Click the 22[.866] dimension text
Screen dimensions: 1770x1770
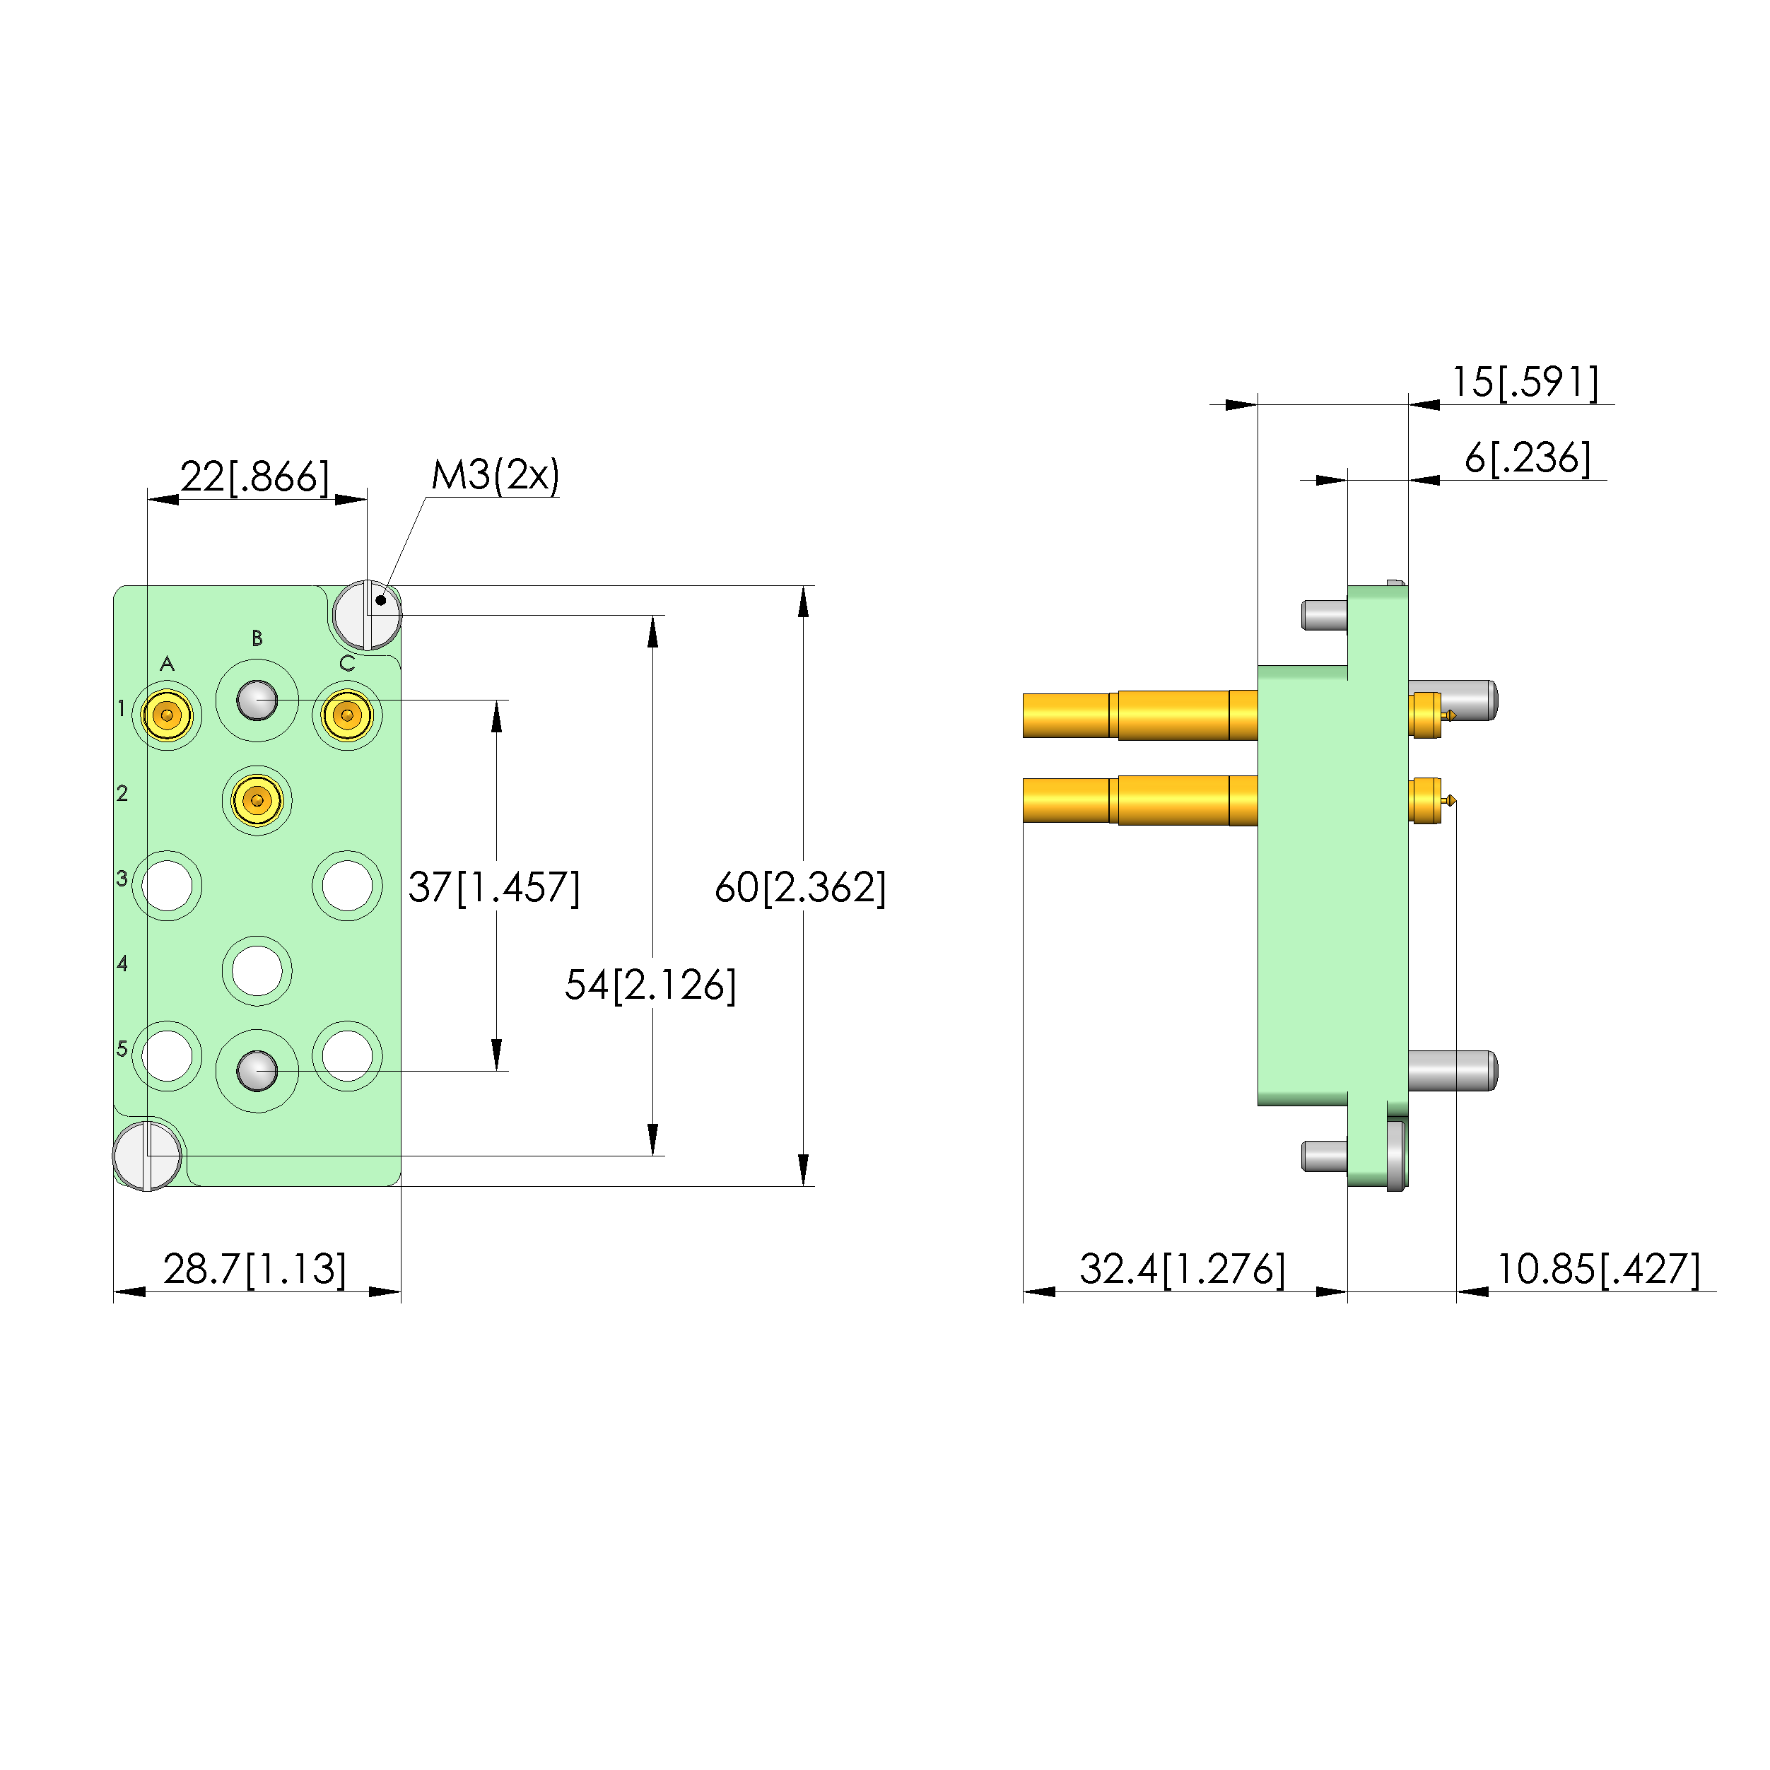pos(254,477)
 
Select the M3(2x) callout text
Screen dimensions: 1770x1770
pos(495,474)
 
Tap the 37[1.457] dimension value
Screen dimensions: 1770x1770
pos(494,887)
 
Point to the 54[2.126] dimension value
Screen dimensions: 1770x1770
pos(650,985)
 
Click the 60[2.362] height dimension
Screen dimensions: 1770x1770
pos(799,887)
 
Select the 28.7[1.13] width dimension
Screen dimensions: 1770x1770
pos(254,1269)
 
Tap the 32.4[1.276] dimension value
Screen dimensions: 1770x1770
pos(1182,1269)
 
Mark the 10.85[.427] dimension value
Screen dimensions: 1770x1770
pos(1598,1269)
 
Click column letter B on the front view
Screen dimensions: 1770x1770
pos(257,638)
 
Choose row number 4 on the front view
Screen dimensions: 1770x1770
pos(122,963)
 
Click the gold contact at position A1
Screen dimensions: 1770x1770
pos(167,715)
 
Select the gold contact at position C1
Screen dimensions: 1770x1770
pos(347,715)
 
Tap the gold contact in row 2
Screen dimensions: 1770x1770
pos(257,799)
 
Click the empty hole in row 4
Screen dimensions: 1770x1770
pos(257,971)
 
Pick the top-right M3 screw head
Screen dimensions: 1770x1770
pos(366,615)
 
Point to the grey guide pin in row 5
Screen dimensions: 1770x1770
pos(257,1070)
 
